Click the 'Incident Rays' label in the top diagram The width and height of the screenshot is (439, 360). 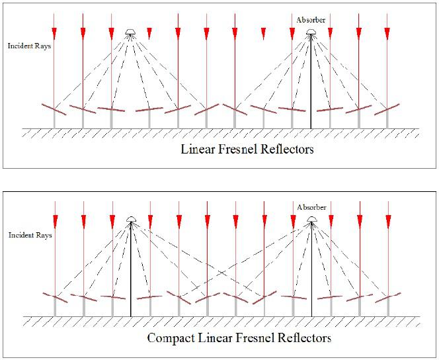point(29,46)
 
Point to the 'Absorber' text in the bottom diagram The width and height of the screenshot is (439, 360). point(311,207)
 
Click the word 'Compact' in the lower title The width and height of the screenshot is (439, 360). point(171,339)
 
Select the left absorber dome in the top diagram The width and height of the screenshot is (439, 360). point(131,33)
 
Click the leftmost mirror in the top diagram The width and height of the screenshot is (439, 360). point(54,110)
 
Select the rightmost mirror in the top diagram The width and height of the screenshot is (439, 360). point(387,109)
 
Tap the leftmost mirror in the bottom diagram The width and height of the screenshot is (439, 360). point(54,296)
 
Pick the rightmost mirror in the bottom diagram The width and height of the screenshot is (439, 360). point(387,296)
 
